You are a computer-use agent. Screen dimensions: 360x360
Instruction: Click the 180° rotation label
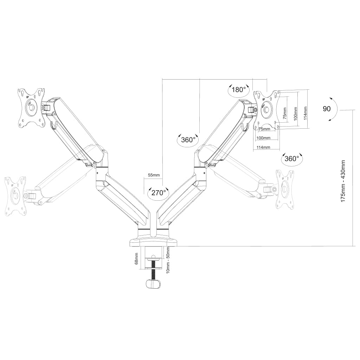coord(239,90)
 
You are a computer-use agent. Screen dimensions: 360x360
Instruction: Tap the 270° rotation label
coord(159,192)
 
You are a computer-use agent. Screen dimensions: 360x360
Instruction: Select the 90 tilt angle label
coord(327,109)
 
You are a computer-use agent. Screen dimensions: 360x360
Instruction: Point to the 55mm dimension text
coord(154,175)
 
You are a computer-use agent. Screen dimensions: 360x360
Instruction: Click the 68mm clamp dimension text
coord(137,258)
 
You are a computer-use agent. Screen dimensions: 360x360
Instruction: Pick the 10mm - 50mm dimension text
coord(168,260)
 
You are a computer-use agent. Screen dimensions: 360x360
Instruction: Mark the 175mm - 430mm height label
coord(343,181)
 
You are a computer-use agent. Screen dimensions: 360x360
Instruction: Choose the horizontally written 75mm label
coord(264,129)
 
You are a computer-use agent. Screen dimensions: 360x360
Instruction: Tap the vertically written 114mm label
coord(305,113)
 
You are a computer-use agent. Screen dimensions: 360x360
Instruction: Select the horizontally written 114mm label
coord(263,147)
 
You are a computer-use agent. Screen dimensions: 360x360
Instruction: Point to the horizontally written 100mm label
coord(263,138)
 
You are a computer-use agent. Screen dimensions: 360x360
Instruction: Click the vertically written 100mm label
coord(295,114)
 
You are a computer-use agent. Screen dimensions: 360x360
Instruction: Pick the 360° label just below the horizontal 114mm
coord(292,159)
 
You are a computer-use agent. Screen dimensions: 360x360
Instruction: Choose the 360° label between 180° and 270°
coord(188,140)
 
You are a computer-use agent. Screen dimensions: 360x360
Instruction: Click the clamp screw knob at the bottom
coord(154,284)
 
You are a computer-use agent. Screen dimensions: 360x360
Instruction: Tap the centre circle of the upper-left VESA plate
coord(31,107)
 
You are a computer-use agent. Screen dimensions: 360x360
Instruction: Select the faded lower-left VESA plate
coord(15,196)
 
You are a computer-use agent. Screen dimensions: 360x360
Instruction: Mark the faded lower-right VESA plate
coord(285,190)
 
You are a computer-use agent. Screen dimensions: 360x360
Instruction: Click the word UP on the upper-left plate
coord(27,97)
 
